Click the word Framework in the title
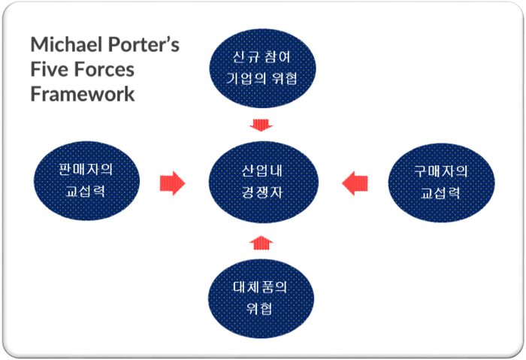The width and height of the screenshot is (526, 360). (x=83, y=94)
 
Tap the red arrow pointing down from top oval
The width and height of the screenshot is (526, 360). (x=261, y=123)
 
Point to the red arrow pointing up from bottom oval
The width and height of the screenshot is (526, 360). (x=261, y=241)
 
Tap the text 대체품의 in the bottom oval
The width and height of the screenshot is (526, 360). (x=260, y=286)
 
